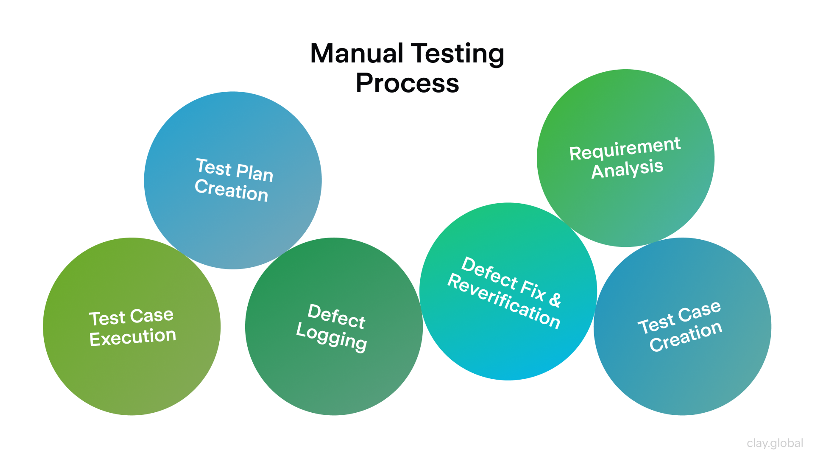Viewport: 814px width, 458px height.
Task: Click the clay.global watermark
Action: (x=775, y=443)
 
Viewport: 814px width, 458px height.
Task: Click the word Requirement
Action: (x=624, y=149)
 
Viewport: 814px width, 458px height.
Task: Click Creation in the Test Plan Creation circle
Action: (x=231, y=190)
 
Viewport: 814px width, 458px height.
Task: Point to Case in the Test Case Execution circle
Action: (x=152, y=316)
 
